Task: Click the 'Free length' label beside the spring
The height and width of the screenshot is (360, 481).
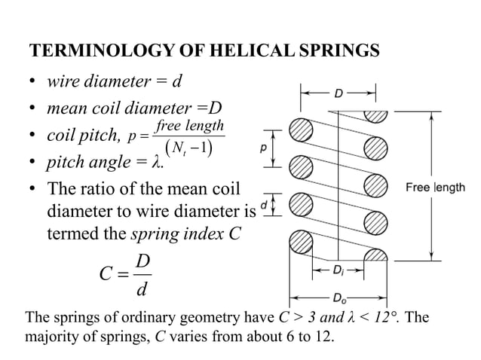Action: pyautogui.click(x=436, y=187)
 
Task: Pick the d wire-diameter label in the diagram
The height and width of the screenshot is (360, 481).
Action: pyautogui.click(x=263, y=204)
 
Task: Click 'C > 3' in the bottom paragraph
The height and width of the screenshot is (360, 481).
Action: pyautogui.click(x=294, y=317)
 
